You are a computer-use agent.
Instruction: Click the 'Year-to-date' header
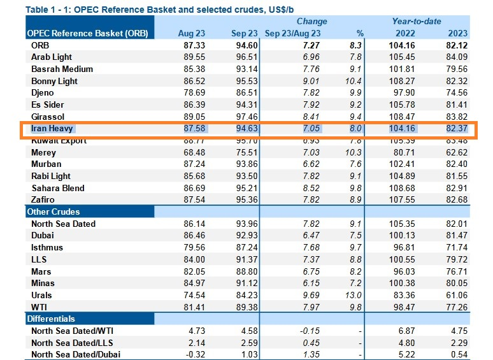coord(417,21)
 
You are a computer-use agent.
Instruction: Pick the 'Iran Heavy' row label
coord(53,129)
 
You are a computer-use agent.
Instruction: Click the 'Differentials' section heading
coord(50,319)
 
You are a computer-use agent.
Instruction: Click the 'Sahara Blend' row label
coord(58,188)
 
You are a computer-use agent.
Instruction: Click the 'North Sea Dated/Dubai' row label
coord(76,354)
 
